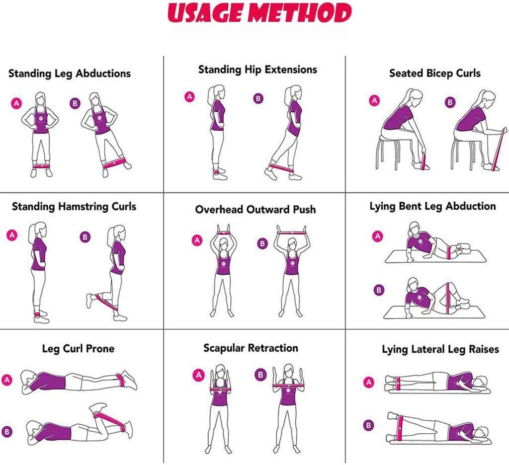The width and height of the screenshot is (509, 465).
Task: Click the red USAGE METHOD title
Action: pos(259,13)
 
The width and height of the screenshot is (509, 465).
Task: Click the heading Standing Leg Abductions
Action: pos(70,74)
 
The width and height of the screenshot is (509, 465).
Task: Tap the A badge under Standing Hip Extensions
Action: pos(189,97)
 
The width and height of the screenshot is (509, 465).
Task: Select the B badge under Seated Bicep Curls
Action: pos(449,102)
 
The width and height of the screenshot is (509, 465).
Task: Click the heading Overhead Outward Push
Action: pos(255,209)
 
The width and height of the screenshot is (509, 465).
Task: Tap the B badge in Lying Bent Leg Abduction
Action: pos(378,290)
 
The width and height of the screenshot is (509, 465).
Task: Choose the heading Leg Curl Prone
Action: pos(78,349)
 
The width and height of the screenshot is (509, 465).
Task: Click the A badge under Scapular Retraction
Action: pos(198,375)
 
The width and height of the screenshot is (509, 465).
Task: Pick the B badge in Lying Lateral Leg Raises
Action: pos(368,425)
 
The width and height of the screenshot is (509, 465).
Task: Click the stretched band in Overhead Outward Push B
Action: pos(291,232)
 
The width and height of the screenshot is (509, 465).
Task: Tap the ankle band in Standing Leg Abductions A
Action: pos(41,166)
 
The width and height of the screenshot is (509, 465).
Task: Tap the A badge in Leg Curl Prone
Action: pos(7,380)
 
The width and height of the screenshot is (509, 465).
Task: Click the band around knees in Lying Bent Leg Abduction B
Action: pos(448,298)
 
